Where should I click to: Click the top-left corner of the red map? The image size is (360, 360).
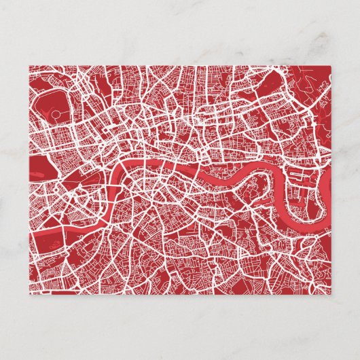(x=29, y=66)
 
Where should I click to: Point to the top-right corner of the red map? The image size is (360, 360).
(x=332, y=66)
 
